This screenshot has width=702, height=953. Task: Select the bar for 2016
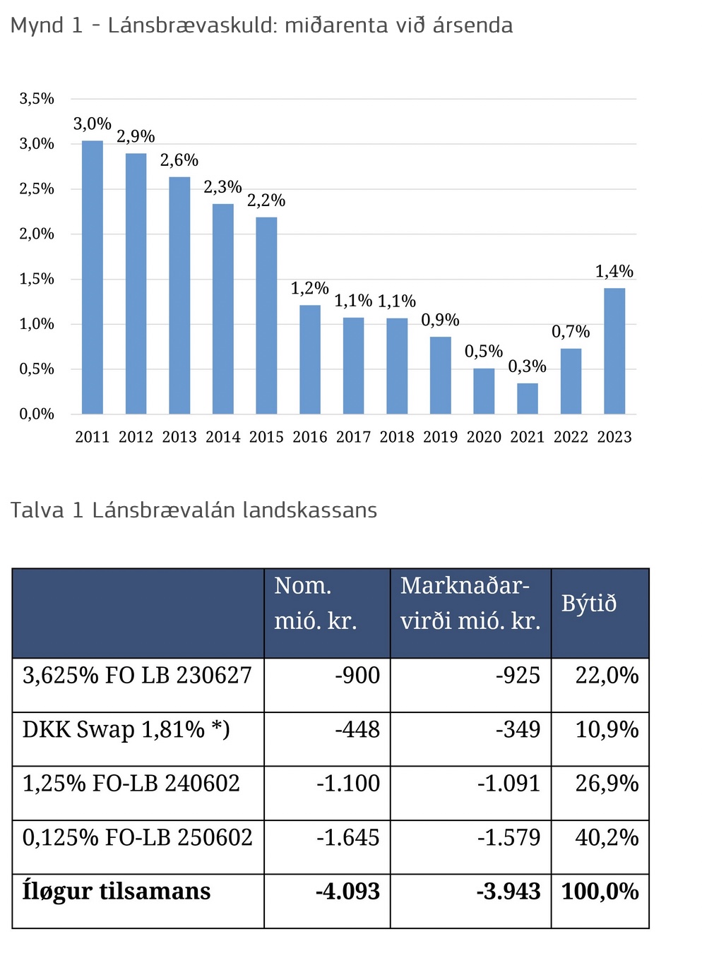pyautogui.click(x=310, y=359)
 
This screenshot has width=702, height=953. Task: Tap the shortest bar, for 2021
pyautogui.click(x=528, y=398)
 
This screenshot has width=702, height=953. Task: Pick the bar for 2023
pyautogui.click(x=614, y=351)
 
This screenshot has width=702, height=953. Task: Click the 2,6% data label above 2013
pyautogui.click(x=179, y=160)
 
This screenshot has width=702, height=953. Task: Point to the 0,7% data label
pyautogui.click(x=571, y=332)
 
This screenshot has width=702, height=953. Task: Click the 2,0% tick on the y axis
pyautogui.click(x=37, y=234)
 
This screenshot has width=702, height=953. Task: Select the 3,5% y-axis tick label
pyautogui.click(x=37, y=99)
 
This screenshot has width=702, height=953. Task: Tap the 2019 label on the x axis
pyautogui.click(x=441, y=437)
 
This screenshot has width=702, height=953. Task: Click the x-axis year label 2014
pyautogui.click(x=223, y=437)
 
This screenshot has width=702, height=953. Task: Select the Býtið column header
pyautogui.click(x=589, y=604)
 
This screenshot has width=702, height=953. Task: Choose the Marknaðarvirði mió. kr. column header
pyautogui.click(x=470, y=604)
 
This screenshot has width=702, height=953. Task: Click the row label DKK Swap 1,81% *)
pyautogui.click(x=126, y=729)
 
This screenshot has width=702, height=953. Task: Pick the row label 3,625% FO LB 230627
pyautogui.click(x=137, y=676)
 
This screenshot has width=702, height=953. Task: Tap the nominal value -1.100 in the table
pyautogui.click(x=348, y=784)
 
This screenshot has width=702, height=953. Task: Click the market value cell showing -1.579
pyautogui.click(x=508, y=837)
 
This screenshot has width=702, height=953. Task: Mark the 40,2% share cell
pyautogui.click(x=607, y=837)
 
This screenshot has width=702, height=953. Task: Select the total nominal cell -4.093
pyautogui.click(x=347, y=891)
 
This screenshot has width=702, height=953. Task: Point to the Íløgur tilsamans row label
pyautogui.click(x=117, y=891)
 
